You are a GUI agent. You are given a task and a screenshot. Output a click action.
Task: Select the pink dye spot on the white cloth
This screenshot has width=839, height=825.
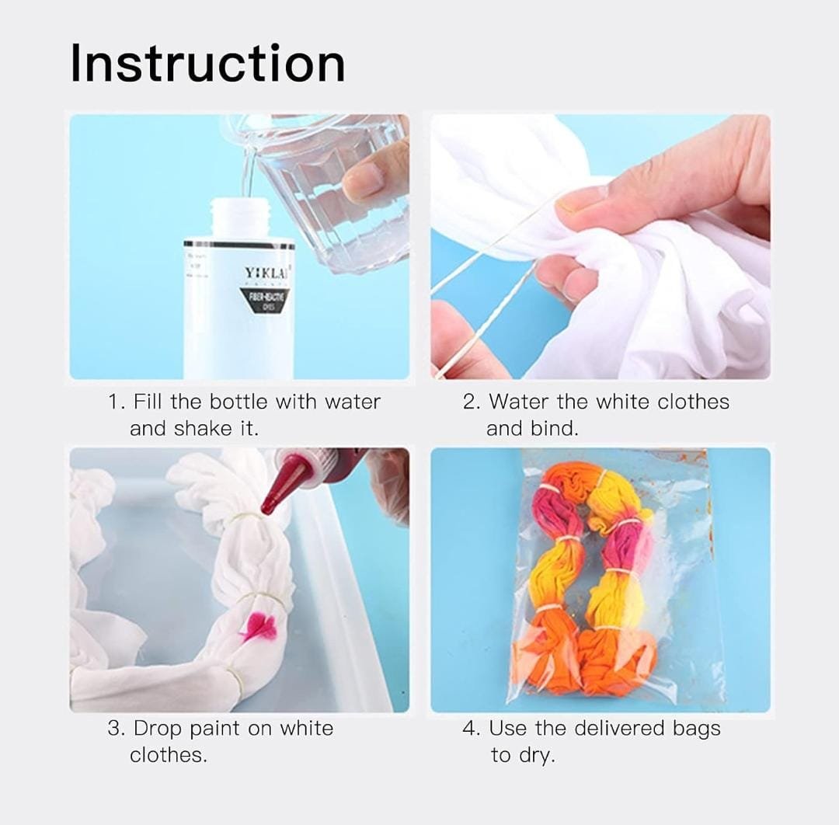pyautogui.click(x=259, y=626)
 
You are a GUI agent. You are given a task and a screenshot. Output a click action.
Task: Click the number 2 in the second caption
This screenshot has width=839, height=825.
pyautogui.click(x=469, y=402)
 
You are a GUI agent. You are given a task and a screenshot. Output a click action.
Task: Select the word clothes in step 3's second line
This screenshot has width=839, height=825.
pyautogui.click(x=168, y=754)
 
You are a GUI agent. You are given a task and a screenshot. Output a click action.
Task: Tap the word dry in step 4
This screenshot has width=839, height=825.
pyautogui.click(x=537, y=754)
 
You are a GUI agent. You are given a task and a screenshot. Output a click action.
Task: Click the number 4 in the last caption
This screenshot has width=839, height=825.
pyautogui.click(x=469, y=729)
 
